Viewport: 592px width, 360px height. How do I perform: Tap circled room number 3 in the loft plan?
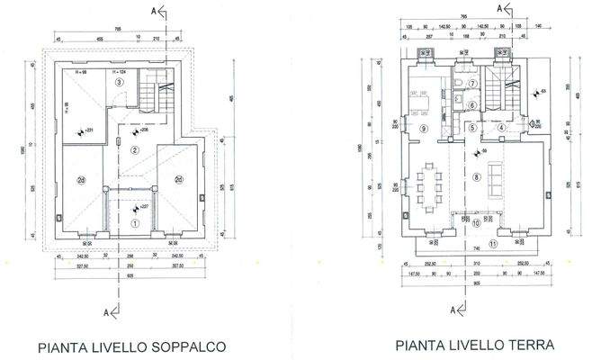119,83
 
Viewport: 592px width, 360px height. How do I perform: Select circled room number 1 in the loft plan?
135,222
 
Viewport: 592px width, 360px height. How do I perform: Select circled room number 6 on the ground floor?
471,105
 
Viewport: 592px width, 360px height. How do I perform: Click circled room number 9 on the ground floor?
422,129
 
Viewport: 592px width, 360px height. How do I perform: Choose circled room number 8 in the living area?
476,177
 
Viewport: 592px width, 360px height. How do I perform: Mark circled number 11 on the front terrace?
491,244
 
